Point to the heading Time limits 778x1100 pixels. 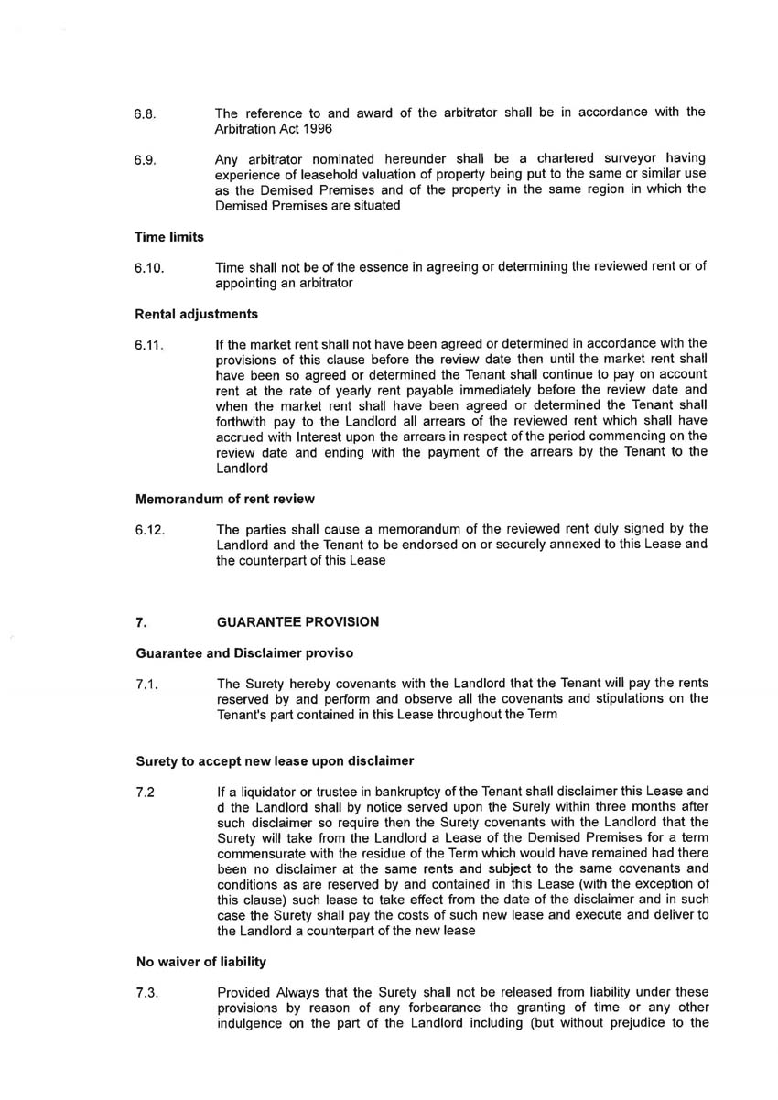[x=169, y=237]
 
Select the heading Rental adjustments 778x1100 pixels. [x=196, y=314]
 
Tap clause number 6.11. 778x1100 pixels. [x=148, y=346]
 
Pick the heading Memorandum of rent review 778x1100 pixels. [x=224, y=499]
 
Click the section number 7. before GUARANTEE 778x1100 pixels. [x=140, y=622]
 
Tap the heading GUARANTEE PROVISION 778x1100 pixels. [x=297, y=622]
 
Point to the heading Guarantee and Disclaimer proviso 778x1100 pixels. [x=243, y=653]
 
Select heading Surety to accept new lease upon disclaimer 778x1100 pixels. [x=275, y=760]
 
